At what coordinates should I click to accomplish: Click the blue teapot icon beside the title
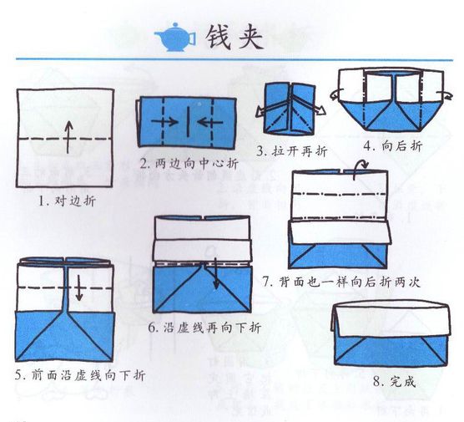click(174, 37)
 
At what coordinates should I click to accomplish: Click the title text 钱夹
click(234, 37)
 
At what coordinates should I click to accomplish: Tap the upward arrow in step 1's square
click(68, 137)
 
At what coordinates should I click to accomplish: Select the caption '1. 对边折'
click(68, 201)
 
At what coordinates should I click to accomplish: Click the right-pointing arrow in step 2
click(164, 121)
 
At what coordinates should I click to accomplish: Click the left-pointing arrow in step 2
click(209, 122)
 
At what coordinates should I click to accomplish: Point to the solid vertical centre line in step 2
click(188, 121)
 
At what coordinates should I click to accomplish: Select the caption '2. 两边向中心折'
click(189, 163)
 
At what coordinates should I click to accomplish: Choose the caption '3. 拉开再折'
click(292, 151)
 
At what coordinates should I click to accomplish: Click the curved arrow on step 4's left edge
click(336, 94)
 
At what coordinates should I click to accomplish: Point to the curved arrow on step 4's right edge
click(446, 94)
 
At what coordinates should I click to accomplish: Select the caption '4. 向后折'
click(393, 145)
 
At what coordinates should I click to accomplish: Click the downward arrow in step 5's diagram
click(78, 287)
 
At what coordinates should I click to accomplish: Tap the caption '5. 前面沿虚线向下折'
click(80, 375)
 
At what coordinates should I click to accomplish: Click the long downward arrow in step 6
click(216, 272)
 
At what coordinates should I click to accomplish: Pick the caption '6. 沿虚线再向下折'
click(204, 328)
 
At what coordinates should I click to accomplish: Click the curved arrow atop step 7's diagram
click(361, 169)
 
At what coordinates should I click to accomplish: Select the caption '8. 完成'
click(394, 381)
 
